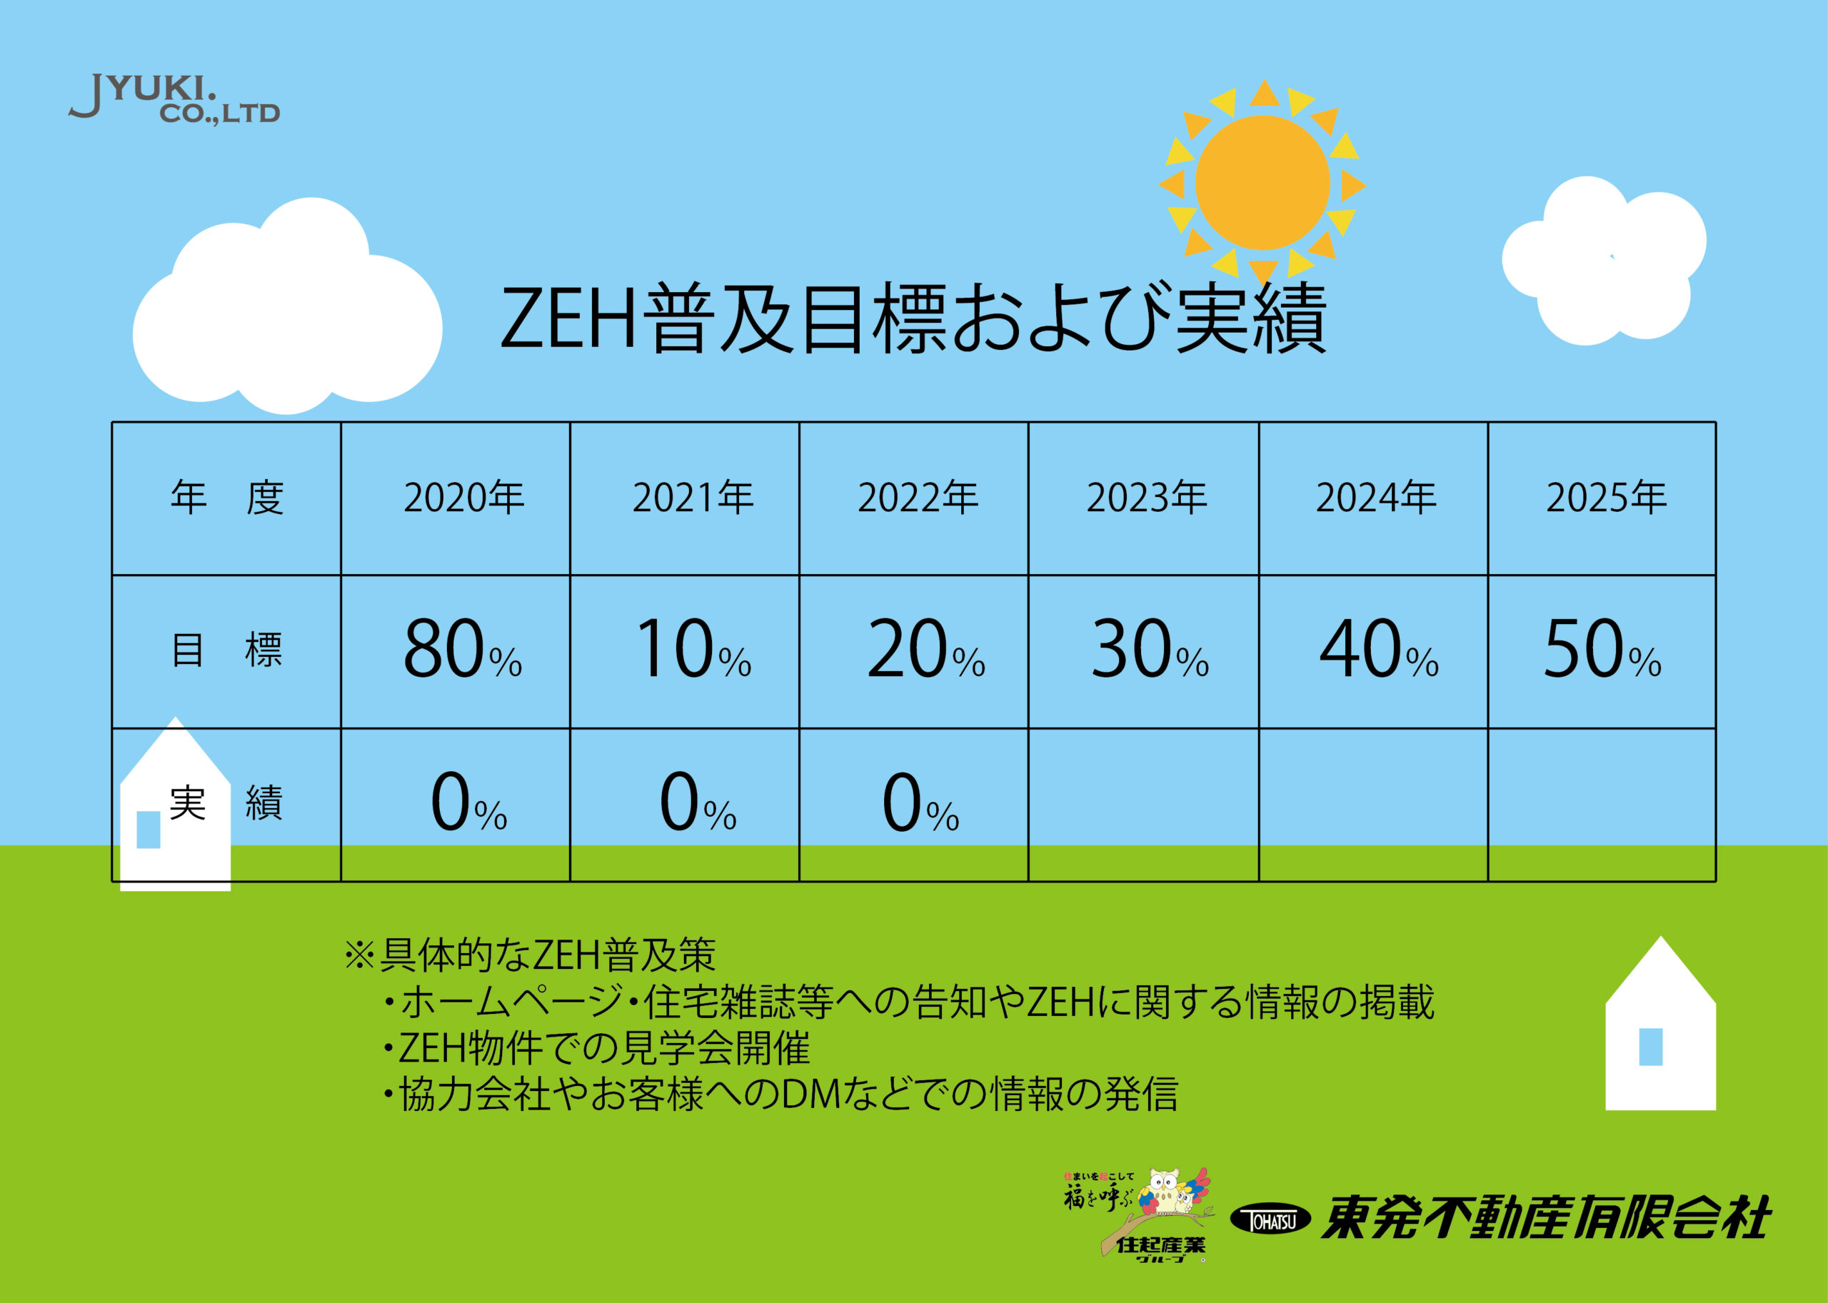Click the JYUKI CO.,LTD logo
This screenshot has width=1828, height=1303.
174,99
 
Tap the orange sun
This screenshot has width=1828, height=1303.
1262,183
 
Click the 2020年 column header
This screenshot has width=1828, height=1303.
464,498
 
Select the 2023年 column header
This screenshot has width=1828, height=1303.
1147,498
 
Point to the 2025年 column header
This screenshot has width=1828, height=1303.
1607,498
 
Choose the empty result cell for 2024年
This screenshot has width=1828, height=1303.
1373,805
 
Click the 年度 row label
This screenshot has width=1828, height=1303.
227,498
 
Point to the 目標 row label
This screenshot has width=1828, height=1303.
227,650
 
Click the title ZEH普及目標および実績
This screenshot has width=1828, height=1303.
913,318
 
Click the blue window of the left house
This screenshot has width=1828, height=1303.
149,830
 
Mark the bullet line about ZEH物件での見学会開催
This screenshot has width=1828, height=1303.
596,1047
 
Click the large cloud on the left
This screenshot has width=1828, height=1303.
286,309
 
